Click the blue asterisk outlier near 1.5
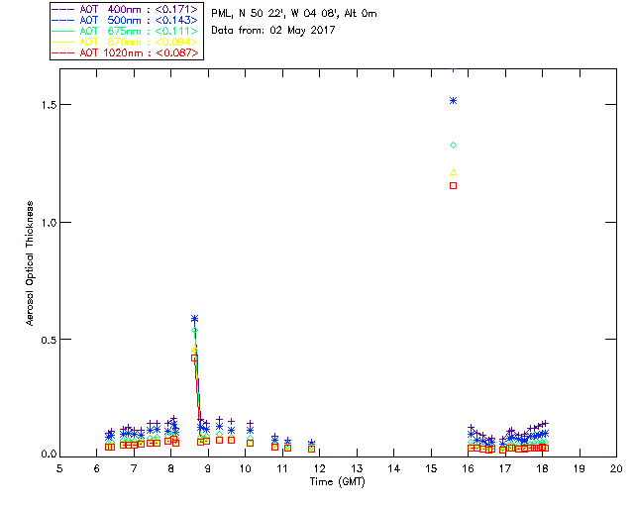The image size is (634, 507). coord(453,100)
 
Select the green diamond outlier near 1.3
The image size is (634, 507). coord(453,146)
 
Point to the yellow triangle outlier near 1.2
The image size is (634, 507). coord(453,172)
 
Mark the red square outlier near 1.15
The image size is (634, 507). coord(453,185)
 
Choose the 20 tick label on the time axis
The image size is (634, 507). coord(616,467)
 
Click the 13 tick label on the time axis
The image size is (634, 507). coord(357,467)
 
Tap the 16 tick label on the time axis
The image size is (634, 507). coord(468,467)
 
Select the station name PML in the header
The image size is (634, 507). coord(222,14)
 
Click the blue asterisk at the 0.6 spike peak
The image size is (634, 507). coord(194,319)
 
